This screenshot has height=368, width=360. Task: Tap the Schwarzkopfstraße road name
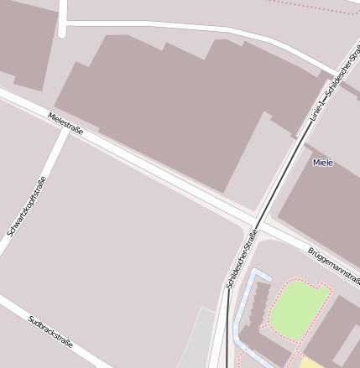[x=26, y=206]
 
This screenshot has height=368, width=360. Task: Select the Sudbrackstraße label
[x=51, y=332]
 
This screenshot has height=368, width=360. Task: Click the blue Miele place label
[x=322, y=162]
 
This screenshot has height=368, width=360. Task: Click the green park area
[x=297, y=306]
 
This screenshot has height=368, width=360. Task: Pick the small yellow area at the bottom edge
[x=311, y=362]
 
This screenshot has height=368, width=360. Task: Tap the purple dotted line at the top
[x=319, y=8]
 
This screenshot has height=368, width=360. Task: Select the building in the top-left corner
[x=25, y=42]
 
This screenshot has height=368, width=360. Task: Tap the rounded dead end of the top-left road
[x=63, y=33]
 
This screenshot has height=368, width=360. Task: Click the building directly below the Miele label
[x=323, y=201]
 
